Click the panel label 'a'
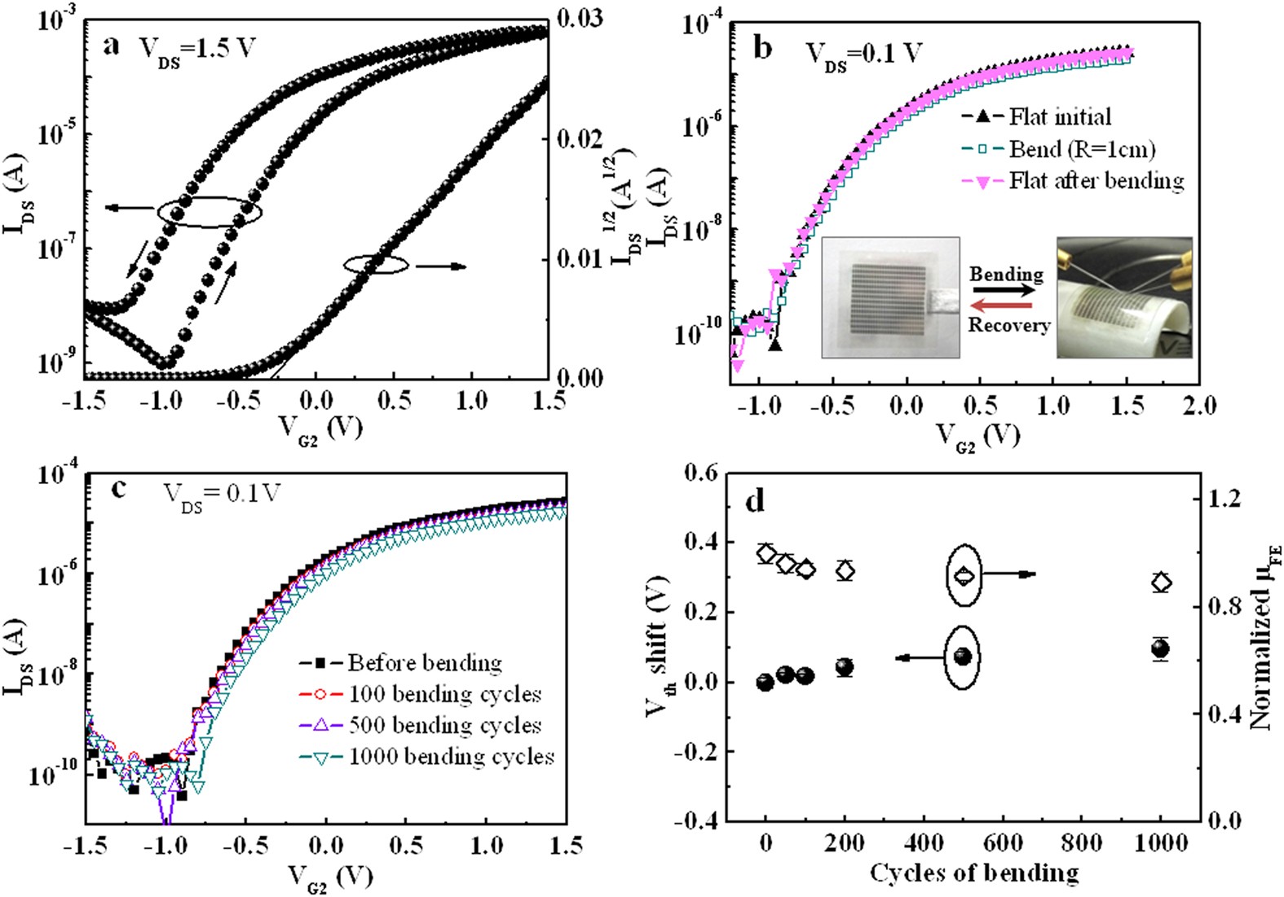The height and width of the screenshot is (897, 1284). click(111, 46)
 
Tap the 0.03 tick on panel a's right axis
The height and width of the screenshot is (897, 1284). click(580, 18)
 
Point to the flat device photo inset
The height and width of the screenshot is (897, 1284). click(891, 297)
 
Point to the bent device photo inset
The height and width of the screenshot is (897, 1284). click(1124, 297)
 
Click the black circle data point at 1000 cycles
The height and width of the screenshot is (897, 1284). click(1160, 649)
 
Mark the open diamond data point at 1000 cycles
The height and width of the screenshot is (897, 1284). click(1161, 583)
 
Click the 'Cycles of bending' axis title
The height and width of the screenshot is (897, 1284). click(973, 873)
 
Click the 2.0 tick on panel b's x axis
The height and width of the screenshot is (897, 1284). click(1198, 404)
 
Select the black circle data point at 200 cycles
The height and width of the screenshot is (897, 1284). click(845, 667)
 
